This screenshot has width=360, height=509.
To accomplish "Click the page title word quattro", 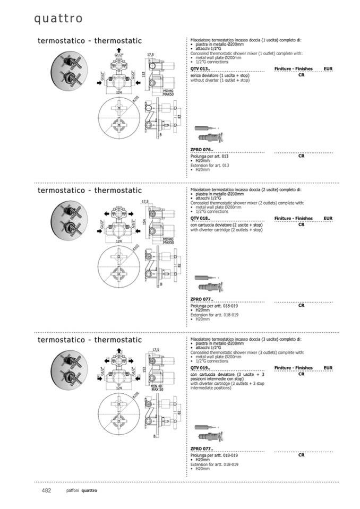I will [58, 19].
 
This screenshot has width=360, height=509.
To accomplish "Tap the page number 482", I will [46, 490].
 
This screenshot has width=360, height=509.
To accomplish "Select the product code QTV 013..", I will [201, 70].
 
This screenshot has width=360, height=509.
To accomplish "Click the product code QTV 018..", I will [201, 219].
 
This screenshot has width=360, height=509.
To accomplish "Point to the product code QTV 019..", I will [201, 368].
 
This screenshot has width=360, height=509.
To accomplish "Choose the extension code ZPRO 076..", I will [202, 150].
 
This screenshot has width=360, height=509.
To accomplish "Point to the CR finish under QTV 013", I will [301, 75].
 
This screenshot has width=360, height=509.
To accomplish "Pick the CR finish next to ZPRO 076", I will [301, 156].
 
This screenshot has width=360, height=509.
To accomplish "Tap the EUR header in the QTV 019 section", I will [328, 368].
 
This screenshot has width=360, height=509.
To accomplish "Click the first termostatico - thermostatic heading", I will [90, 41].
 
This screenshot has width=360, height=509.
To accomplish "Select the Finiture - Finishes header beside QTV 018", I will [293, 219].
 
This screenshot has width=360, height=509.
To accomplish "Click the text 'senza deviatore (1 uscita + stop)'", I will [219, 76].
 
